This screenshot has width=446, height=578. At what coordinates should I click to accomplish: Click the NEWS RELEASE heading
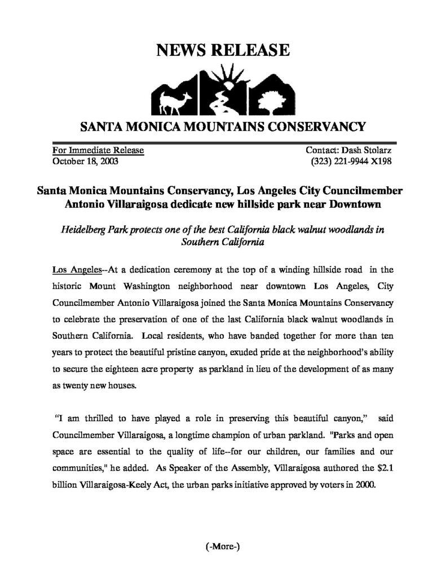pyautogui.click(x=223, y=51)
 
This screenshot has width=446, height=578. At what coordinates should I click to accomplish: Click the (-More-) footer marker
pyautogui.click(x=223, y=547)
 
